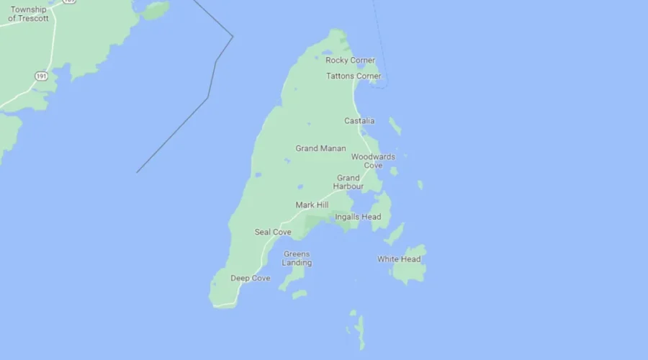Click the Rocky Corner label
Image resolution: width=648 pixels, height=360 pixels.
350,60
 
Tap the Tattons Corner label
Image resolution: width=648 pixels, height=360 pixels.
354,76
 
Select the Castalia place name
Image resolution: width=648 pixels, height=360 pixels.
359,121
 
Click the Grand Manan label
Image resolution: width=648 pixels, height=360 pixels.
320,148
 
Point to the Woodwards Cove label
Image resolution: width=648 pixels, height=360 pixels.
373,161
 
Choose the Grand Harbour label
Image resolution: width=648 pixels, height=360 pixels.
348,182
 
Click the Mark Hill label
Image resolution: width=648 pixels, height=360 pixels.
312,205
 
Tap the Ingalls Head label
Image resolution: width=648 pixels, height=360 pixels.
358,217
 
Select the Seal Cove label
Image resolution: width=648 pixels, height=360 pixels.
273,232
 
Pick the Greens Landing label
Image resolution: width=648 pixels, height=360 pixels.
297,258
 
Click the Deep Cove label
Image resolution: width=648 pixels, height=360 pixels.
251,278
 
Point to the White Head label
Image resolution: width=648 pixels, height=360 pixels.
399,259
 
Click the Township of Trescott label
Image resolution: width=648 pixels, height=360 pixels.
29,14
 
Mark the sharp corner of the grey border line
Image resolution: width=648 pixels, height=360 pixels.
233,36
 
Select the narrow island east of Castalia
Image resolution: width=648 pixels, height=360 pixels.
395,126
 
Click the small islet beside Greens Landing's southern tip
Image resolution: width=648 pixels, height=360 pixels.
300,294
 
